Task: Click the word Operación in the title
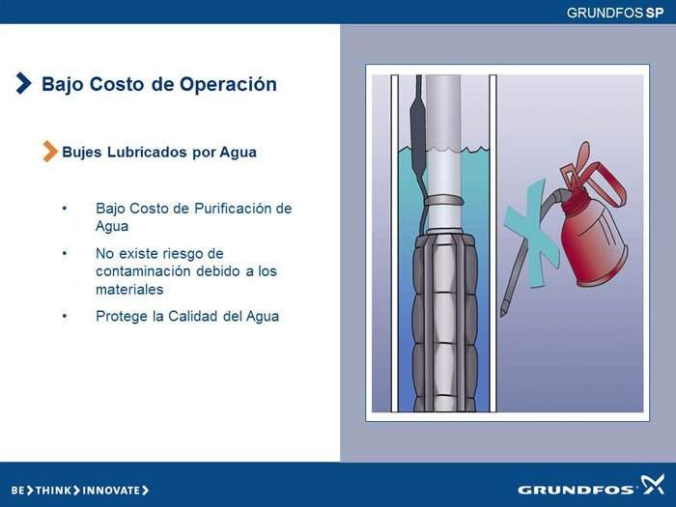(228, 85)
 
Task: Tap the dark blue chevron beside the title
(24, 83)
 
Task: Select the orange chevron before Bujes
(50, 152)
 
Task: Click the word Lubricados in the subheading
(147, 153)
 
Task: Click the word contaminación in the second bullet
(144, 271)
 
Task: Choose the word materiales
(129, 290)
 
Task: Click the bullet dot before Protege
(65, 316)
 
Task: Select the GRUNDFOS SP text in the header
(615, 13)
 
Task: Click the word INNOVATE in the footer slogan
(111, 491)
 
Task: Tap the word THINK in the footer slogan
(52, 491)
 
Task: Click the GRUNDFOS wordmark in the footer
(576, 490)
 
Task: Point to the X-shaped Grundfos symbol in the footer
(652, 484)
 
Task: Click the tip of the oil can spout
(503, 313)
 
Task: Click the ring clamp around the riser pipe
(443, 201)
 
